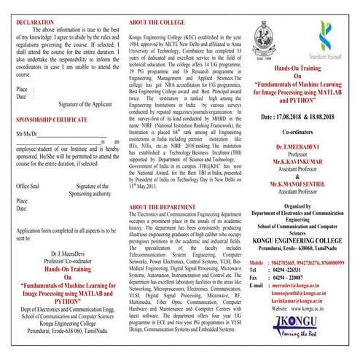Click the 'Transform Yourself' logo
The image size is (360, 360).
[319, 44]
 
